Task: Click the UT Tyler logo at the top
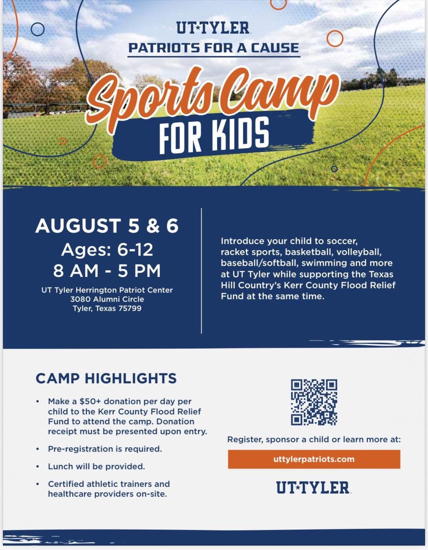coord(213,28)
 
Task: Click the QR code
coord(314,402)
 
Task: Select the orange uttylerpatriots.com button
coord(314,459)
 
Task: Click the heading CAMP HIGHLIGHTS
coord(106,379)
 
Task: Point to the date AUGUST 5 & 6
coord(107,226)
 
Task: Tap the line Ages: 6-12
coord(107,250)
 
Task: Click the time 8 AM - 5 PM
coord(107,271)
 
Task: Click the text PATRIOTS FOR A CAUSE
coord(214,48)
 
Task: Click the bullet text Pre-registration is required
coord(105,449)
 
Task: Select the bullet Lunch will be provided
coord(96,467)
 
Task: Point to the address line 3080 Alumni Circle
coord(107,299)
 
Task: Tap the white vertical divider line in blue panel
coord(202,270)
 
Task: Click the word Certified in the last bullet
coord(64,484)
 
